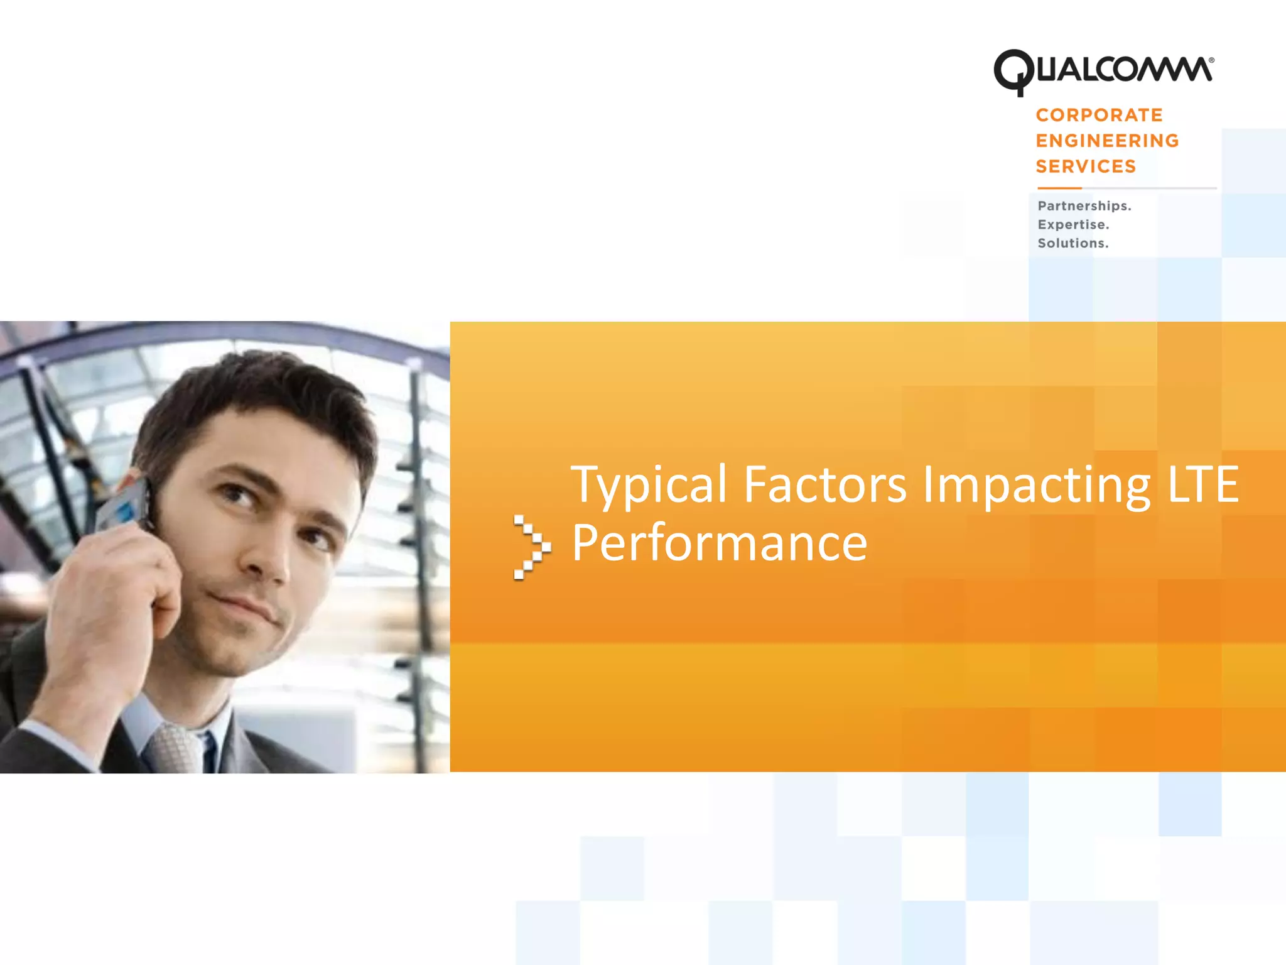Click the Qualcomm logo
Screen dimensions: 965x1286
click(1103, 70)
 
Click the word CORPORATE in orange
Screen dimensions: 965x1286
click(1099, 115)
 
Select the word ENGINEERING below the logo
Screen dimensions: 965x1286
click(1107, 141)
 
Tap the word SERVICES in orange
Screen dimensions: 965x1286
click(1086, 166)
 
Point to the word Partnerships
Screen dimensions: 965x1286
click(1084, 206)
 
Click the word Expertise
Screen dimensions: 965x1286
click(1073, 225)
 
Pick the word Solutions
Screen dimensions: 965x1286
click(1073, 243)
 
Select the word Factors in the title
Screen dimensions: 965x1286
click(824, 485)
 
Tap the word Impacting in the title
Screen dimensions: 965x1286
click(1036, 485)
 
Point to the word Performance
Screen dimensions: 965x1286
click(719, 543)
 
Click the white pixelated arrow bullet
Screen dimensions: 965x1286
click(531, 547)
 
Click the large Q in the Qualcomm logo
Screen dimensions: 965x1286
click(1012, 72)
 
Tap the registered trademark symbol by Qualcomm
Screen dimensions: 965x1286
click(1211, 60)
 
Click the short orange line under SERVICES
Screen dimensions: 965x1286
click(1059, 188)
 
